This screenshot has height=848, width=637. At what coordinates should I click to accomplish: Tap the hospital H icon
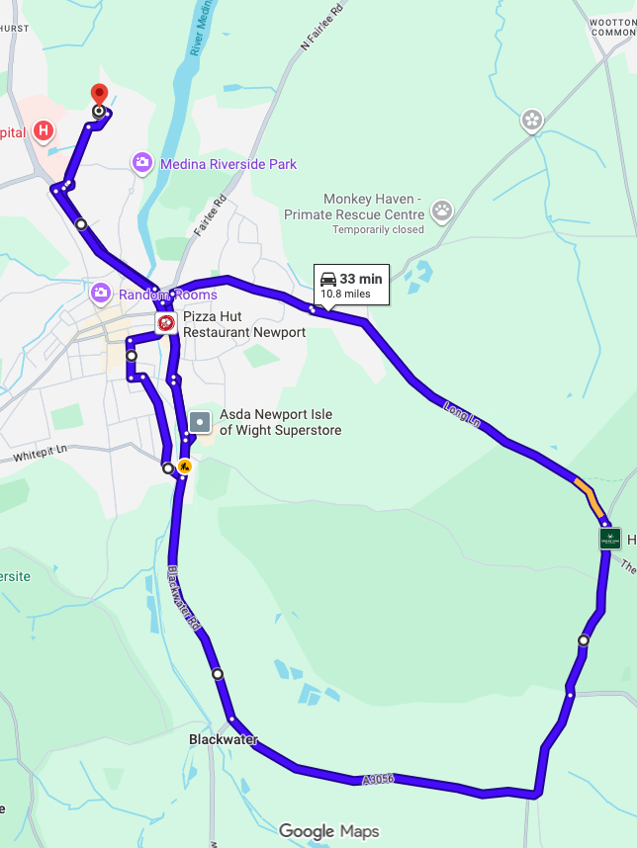pyautogui.click(x=44, y=129)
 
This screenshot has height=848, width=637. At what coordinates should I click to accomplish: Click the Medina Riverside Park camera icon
pyautogui.click(x=143, y=162)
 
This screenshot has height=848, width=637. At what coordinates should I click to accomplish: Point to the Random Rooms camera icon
pyautogui.click(x=100, y=294)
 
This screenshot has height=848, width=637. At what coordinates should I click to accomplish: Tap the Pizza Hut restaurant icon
pyautogui.click(x=166, y=323)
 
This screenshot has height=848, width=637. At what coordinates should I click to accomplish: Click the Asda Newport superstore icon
pyautogui.click(x=201, y=422)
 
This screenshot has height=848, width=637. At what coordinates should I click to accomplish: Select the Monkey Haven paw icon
pyautogui.click(x=441, y=210)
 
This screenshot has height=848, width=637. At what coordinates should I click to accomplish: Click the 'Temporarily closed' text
pyautogui.click(x=378, y=230)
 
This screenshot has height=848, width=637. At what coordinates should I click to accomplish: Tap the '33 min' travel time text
pyautogui.click(x=361, y=280)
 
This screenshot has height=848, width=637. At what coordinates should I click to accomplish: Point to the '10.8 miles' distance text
pyautogui.click(x=344, y=294)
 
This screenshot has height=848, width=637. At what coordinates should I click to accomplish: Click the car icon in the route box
pyautogui.click(x=328, y=280)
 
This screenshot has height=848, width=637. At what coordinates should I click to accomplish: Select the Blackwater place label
pyautogui.click(x=224, y=739)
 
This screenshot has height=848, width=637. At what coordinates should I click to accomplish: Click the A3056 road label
pyautogui.click(x=378, y=780)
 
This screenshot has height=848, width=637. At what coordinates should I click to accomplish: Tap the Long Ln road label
pyautogui.click(x=462, y=415)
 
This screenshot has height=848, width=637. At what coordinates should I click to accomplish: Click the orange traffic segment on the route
pyautogui.click(x=589, y=497)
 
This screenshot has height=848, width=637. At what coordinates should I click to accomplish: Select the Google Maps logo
pyautogui.click(x=328, y=831)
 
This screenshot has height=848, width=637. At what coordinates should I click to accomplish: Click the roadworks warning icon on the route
pyautogui.click(x=184, y=466)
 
